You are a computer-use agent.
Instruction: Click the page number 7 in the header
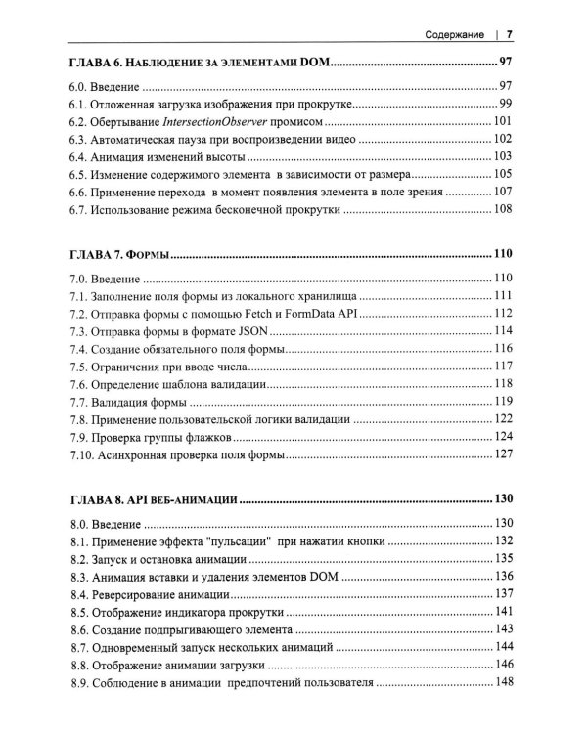click(x=510, y=35)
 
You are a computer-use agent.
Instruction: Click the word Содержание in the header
click(x=455, y=35)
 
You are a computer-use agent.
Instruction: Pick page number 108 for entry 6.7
click(x=502, y=209)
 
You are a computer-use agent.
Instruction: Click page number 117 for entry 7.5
click(x=503, y=366)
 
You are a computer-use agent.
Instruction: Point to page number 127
click(x=503, y=454)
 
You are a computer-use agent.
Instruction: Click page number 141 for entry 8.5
click(x=503, y=611)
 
